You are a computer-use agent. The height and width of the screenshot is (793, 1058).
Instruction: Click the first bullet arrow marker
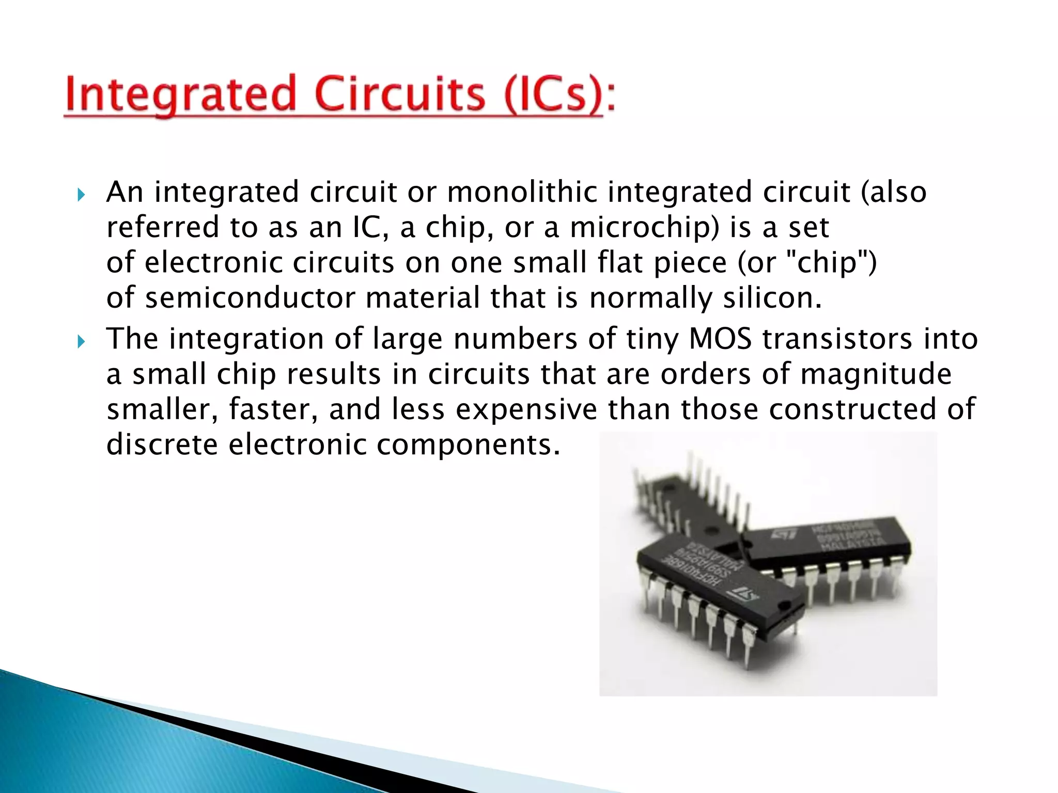81,195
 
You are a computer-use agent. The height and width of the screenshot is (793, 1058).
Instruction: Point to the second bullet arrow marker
81,342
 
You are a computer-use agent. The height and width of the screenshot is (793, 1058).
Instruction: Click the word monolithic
522,192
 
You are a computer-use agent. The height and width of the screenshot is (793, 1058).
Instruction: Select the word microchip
638,228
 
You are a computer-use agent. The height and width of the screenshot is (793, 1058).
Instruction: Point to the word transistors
837,339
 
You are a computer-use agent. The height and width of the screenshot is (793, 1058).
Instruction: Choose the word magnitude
876,374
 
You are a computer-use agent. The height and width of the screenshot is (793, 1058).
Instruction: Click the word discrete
162,445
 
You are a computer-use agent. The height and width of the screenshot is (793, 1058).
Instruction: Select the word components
468,446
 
